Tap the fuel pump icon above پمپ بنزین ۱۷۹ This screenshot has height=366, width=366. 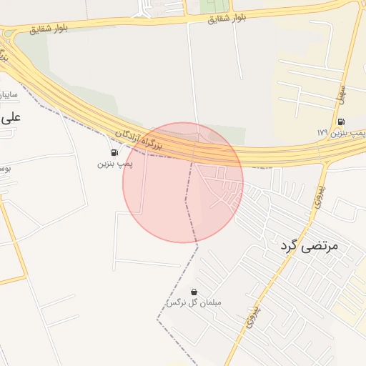[x=341, y=122]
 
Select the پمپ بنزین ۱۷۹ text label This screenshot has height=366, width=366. [x=341, y=133]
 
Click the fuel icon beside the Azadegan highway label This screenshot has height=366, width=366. [x=114, y=152]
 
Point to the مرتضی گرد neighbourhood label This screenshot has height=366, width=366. [x=308, y=246]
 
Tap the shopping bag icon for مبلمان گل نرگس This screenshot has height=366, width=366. [x=194, y=292]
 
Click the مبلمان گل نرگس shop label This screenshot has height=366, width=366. [x=194, y=303]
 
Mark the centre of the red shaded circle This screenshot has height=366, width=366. [x=183, y=182]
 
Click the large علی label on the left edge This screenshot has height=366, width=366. [x=11, y=117]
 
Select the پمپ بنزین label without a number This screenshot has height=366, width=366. [x=114, y=164]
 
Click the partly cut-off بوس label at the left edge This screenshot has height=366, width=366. [x=4, y=169]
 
